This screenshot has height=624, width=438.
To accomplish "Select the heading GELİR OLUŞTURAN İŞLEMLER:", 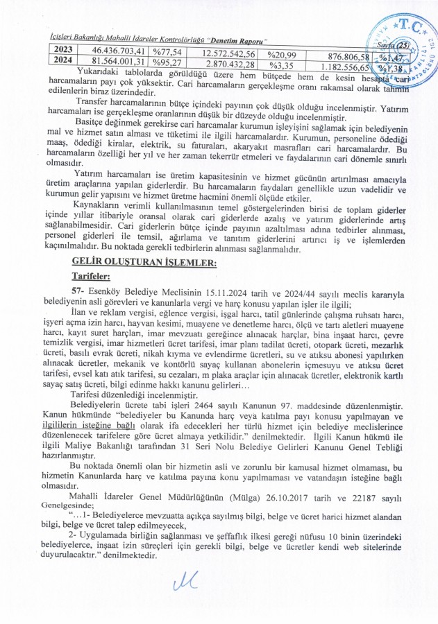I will click(135, 261).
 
